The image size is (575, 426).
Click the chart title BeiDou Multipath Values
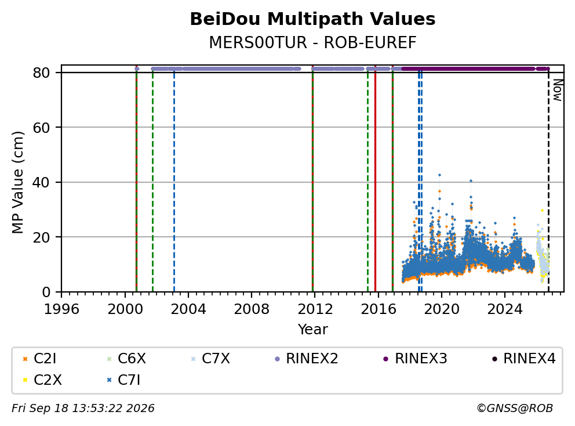(x=312, y=19)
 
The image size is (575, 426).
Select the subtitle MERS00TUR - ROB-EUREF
(x=312, y=42)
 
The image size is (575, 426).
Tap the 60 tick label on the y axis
(x=41, y=128)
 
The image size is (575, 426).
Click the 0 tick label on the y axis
(x=46, y=292)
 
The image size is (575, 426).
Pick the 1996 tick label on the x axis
(x=61, y=309)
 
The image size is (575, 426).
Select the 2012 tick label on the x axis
(x=315, y=309)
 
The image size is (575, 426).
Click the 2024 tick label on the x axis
(x=505, y=309)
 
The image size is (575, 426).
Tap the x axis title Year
(x=312, y=330)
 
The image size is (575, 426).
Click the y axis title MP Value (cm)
(x=17, y=182)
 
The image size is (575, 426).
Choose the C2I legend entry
(x=39, y=359)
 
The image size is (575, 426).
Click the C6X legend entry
(x=126, y=359)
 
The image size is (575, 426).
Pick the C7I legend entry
(x=123, y=380)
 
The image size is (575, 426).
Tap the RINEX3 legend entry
(x=415, y=359)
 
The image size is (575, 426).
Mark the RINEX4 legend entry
(x=523, y=359)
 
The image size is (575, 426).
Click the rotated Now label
(x=558, y=91)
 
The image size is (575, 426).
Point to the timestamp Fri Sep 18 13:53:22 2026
(x=83, y=408)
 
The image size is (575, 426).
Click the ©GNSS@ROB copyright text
(x=515, y=408)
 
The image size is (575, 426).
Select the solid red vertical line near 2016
(x=375, y=182)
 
